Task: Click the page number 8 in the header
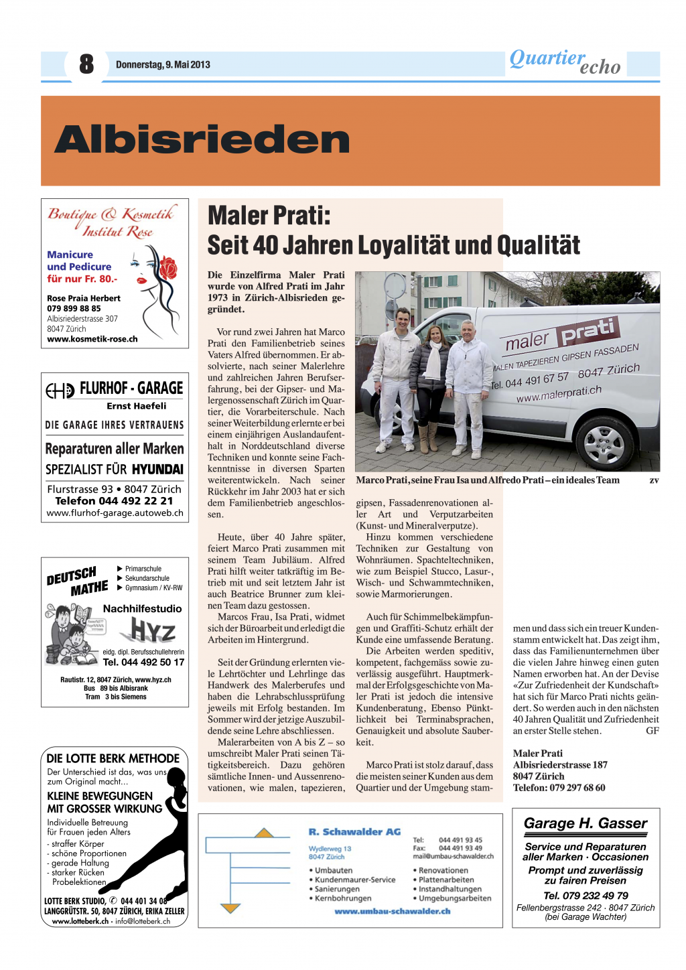86,64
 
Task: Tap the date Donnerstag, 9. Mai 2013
163,65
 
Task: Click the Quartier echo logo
565,62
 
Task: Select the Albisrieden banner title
202,139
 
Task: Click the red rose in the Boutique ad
167,267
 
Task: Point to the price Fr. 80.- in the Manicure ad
98,279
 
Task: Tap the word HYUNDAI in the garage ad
157,469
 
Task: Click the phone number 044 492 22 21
114,501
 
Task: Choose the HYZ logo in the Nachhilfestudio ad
153,630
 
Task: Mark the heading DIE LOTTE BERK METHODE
113,758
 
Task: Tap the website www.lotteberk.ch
80,921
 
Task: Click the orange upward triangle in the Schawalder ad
265,833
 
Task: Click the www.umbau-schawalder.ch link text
393,911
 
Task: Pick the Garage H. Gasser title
586,823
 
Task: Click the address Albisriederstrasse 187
560,765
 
